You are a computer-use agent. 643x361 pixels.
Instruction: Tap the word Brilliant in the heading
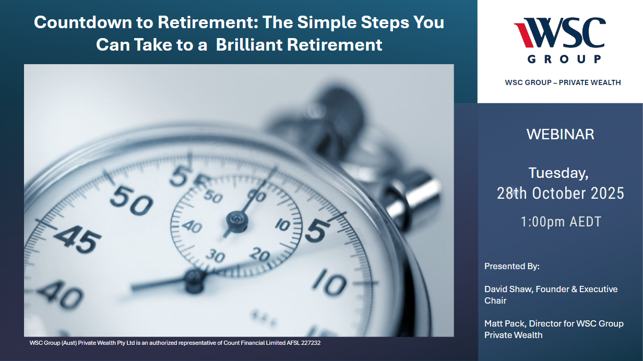249,45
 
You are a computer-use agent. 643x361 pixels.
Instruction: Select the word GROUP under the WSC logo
564,59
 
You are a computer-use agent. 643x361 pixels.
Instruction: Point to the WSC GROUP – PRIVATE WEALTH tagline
563,82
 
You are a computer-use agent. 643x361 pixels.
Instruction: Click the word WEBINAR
561,134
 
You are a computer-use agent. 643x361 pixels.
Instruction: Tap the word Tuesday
558,173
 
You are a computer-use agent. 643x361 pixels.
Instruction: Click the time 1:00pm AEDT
561,222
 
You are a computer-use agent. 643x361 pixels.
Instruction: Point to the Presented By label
512,266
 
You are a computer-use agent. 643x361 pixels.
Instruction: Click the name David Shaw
509,289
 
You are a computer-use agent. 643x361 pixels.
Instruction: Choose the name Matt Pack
505,323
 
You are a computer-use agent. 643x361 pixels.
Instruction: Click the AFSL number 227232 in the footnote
311,343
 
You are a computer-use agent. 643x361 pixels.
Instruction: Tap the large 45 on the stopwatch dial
77,239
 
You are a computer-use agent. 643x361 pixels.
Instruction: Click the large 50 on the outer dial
132,201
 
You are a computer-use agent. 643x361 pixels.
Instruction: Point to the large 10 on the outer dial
329,282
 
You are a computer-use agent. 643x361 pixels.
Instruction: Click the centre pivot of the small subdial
237,220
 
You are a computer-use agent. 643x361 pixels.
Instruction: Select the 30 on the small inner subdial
215,255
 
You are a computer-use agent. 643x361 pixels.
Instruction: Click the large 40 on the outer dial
61,294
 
